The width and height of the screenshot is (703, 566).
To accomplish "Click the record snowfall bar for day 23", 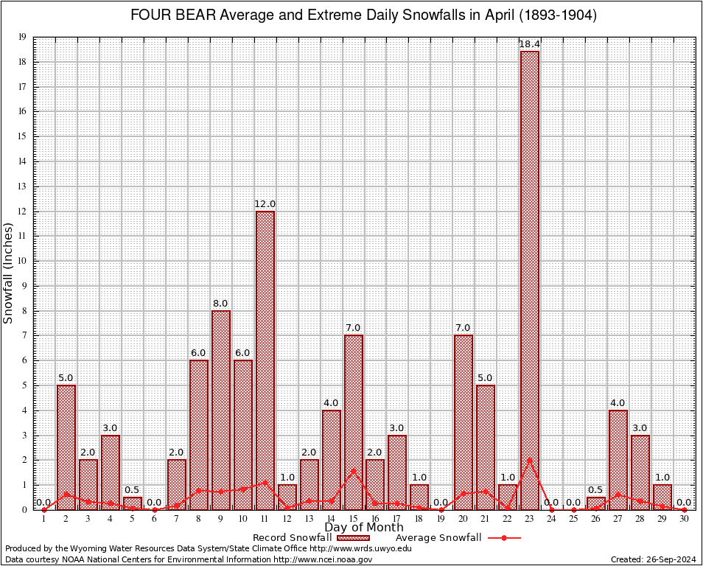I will [x=529, y=280].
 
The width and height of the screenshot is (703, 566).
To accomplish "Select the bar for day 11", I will [x=265, y=360].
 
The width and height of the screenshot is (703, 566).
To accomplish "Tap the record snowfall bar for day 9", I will [x=220, y=410].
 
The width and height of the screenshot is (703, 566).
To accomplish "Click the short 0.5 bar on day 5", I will [x=133, y=503].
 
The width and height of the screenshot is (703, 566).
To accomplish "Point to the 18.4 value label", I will [x=529, y=44].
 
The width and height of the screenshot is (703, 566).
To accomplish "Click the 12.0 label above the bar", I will [x=265, y=204].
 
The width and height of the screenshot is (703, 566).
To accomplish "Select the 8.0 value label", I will [x=220, y=304].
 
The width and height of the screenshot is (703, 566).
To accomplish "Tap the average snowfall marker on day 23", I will [x=529, y=461].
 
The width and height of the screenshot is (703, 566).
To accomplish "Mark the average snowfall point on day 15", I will [x=353, y=470].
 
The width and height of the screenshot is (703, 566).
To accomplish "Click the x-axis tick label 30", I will [x=684, y=519].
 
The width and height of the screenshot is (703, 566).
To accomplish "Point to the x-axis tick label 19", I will [x=441, y=519].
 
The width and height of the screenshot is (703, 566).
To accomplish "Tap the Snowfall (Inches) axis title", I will [x=9, y=273].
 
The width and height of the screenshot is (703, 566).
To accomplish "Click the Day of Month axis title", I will [x=363, y=528].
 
